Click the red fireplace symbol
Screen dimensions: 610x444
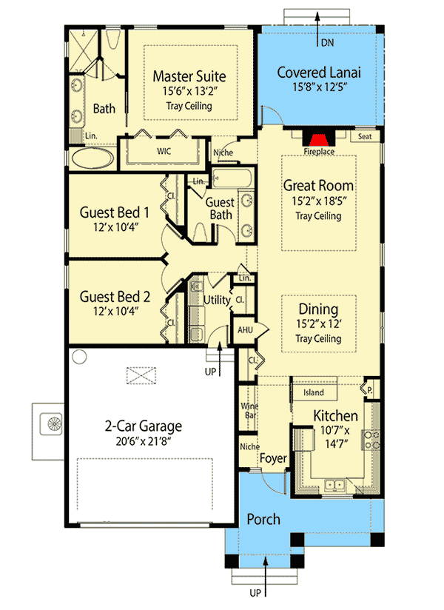[x=319, y=141]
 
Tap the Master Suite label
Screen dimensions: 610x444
[x=189, y=76]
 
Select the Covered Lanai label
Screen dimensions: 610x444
[x=319, y=73]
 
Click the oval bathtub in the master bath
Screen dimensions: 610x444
[x=92, y=158]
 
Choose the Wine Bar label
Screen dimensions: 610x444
[x=249, y=412]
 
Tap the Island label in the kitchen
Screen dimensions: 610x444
[x=314, y=392]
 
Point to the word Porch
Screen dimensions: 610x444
[x=263, y=519]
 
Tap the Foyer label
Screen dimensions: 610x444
[x=273, y=459]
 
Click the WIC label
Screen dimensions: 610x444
[x=164, y=150]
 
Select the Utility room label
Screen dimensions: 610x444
[x=216, y=299]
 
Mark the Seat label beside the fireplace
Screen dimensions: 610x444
[x=365, y=137]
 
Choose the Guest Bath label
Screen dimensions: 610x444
[x=220, y=208]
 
